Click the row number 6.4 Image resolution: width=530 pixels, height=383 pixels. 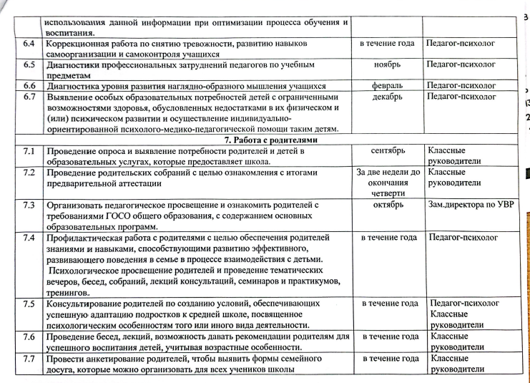pyautogui.click(x=29, y=44)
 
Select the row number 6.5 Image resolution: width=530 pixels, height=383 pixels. pyautogui.click(x=29, y=64)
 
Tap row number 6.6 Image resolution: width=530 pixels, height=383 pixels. pyautogui.click(x=29, y=85)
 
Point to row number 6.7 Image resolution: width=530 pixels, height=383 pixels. pyautogui.click(x=29, y=96)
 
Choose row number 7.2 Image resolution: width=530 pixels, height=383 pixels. pyautogui.click(x=29, y=173)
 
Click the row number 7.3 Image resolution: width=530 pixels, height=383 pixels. pyautogui.click(x=29, y=205)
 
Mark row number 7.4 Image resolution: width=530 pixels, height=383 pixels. pyautogui.click(x=29, y=237)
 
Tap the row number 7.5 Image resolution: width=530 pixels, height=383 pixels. pyautogui.click(x=29, y=304)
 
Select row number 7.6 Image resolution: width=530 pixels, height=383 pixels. pyautogui.click(x=29, y=336)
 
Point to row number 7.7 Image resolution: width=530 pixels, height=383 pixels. pyautogui.click(x=29, y=358)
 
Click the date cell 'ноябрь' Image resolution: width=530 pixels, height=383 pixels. pyautogui.click(x=387, y=64)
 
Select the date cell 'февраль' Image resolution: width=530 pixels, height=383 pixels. pyautogui.click(x=387, y=85)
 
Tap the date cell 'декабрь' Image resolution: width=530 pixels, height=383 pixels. pyautogui.click(x=387, y=96)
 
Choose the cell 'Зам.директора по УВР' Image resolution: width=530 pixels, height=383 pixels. pyautogui.click(x=466, y=205)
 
